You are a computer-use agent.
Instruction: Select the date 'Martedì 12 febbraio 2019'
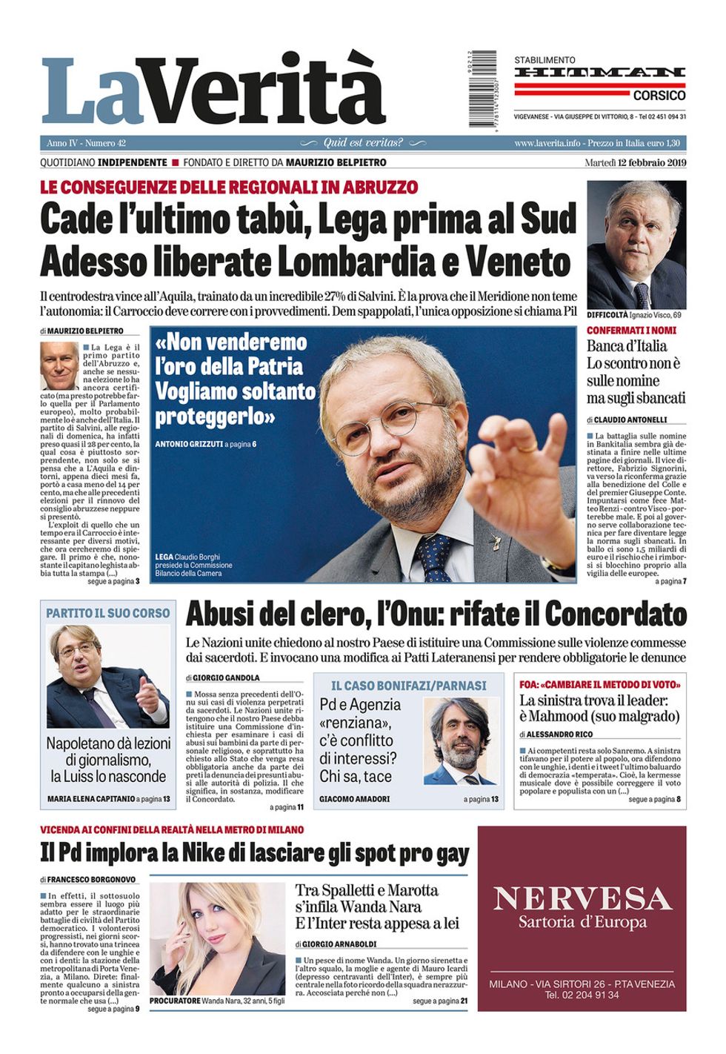[635, 162]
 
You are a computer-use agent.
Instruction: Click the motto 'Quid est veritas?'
[363, 143]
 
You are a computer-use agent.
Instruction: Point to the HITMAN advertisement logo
[599, 73]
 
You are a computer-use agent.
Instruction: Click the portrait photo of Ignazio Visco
[636, 245]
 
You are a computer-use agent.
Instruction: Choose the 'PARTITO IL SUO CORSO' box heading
[108, 613]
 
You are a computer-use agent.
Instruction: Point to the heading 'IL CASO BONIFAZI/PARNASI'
[408, 686]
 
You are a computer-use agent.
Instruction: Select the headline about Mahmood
[599, 708]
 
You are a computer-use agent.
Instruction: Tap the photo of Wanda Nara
[217, 938]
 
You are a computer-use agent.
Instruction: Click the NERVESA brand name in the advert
[582, 898]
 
